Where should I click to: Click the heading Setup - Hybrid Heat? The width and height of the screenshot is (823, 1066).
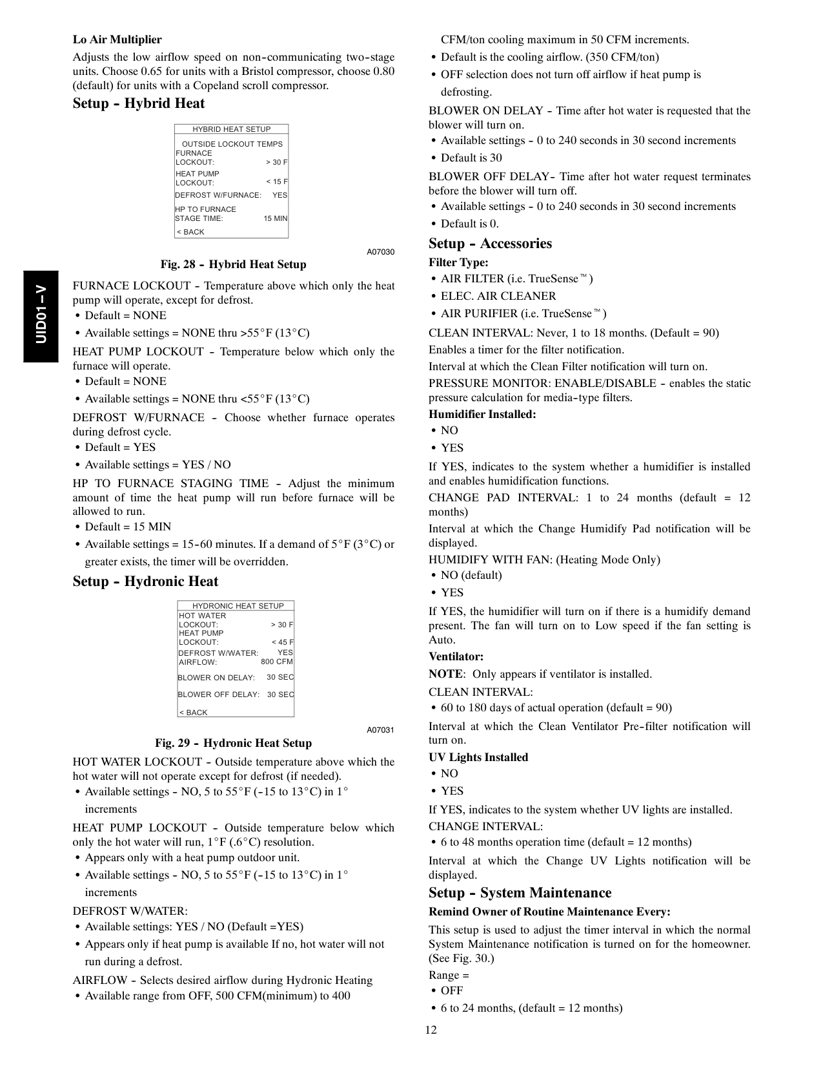point(139,104)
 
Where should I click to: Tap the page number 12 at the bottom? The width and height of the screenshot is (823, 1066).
point(431,1030)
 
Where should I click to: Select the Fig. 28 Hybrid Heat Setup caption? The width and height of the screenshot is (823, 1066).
point(233,264)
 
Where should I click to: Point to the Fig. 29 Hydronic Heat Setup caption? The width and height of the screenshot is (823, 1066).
point(233,743)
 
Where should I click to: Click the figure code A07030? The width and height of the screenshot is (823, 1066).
point(380,251)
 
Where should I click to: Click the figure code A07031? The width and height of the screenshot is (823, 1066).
point(380,730)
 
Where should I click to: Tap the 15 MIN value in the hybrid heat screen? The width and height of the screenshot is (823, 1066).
point(276,218)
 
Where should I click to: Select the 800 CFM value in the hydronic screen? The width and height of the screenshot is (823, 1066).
point(277,662)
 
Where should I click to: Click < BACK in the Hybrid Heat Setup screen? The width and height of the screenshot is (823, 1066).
point(190,232)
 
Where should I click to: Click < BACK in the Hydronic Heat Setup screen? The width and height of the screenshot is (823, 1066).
point(193,713)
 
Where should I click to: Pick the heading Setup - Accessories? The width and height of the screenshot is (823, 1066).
point(490,244)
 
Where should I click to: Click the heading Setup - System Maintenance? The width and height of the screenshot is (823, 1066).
point(520,893)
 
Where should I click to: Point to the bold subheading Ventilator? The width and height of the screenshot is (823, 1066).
point(456,656)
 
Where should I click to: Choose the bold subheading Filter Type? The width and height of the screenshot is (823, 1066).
point(458,262)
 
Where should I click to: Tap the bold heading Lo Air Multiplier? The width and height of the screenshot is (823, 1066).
point(117,39)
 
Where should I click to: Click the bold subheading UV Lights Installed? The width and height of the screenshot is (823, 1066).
point(478,757)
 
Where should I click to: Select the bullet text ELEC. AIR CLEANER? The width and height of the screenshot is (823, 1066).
point(498,296)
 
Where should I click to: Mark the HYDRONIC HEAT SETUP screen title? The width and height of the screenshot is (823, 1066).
point(238,606)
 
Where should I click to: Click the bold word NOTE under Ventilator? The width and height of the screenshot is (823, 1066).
point(445,674)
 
